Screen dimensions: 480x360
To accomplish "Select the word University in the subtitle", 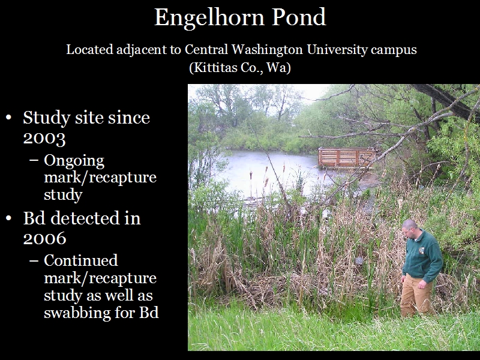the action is pos(337,50).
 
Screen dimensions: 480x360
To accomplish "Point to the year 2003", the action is pos(44,139).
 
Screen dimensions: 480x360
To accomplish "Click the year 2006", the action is pos(44,238).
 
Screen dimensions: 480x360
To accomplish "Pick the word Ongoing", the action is pos(74,161).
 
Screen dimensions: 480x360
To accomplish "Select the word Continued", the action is pos(81,260).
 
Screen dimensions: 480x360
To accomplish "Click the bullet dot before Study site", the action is pos(8,118).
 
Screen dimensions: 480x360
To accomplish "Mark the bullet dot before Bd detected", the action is pos(8,218).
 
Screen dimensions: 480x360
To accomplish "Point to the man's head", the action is pos(409,228).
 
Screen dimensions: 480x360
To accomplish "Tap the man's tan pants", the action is pos(415,295).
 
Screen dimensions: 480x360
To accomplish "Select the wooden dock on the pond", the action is pos(347,158).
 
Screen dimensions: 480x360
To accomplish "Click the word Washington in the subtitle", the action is pos(267,50).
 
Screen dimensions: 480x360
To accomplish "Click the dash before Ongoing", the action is pos(34,161).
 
